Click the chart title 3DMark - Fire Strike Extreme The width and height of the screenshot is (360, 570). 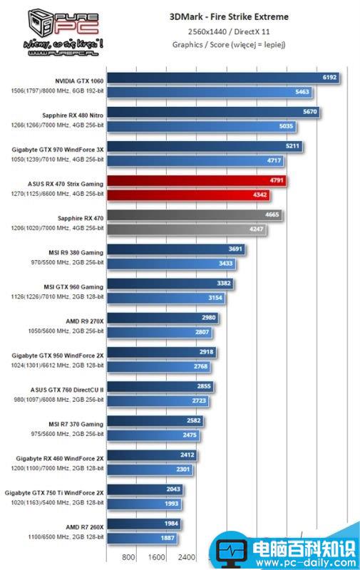tap(229, 16)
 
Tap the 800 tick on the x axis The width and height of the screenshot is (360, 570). tap(129, 557)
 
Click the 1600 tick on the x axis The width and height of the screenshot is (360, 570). tap(158, 557)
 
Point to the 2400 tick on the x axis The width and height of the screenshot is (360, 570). tap(187, 557)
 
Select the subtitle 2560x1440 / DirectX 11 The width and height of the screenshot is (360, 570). tap(229, 31)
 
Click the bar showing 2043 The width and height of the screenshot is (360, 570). tap(144, 489)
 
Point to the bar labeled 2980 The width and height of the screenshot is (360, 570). tap(163, 318)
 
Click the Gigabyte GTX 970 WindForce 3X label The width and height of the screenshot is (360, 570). tap(58, 149)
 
